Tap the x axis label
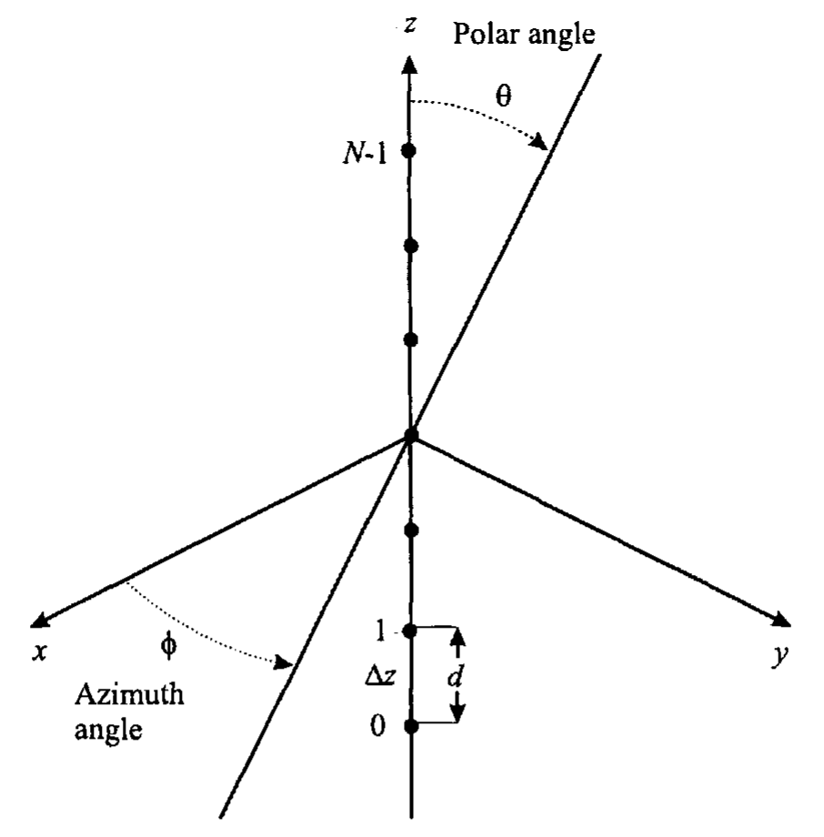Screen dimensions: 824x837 click(38, 651)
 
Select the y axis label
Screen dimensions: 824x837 click(780, 654)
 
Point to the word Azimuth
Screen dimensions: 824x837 click(129, 694)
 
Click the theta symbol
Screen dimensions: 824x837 click(503, 96)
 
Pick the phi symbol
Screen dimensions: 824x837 click(168, 647)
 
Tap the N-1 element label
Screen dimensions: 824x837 click(365, 155)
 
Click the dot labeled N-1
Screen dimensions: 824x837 click(409, 150)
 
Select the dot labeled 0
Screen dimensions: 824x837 click(410, 726)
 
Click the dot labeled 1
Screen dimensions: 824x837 click(409, 631)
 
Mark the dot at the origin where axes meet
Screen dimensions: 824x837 click(410, 436)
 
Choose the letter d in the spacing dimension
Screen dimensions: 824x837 click(455, 677)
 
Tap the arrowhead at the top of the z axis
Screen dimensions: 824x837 click(408, 65)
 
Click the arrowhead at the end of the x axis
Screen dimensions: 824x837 click(39, 620)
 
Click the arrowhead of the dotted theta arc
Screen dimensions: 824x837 click(539, 141)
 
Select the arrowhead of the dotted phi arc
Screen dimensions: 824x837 click(283, 663)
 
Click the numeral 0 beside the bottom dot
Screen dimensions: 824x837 click(377, 726)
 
